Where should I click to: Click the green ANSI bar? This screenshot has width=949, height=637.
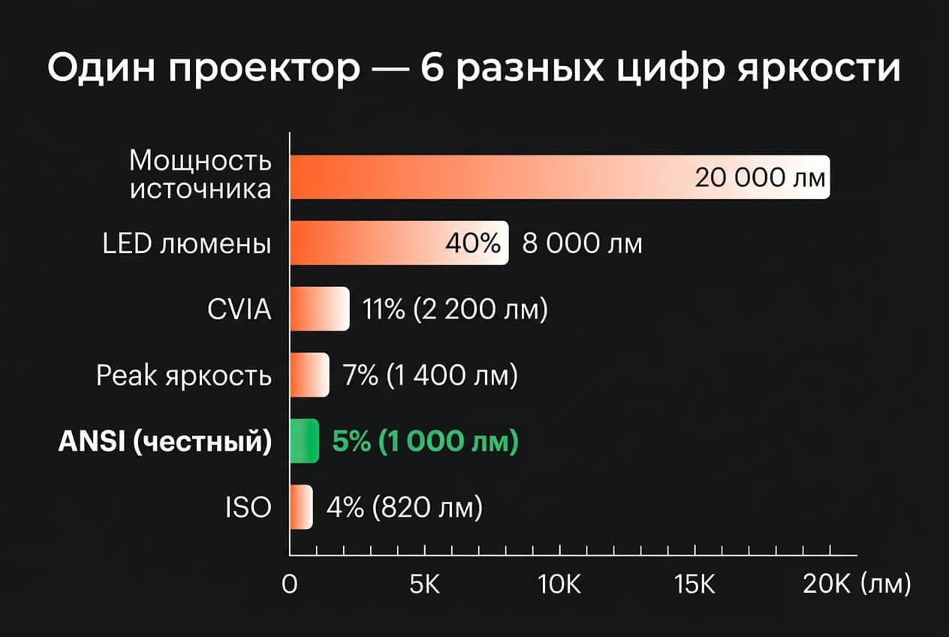coord(305,441)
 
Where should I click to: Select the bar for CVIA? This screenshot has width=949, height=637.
coord(320,309)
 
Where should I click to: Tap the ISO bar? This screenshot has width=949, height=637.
coord(301,507)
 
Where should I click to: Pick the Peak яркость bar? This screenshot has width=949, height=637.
coord(309,375)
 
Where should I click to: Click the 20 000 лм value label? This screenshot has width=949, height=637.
coord(760,178)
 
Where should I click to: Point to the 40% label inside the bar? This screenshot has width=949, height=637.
coord(472,244)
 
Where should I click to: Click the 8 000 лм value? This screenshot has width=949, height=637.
coord(582,244)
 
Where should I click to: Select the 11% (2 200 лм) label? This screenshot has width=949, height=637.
coord(455,309)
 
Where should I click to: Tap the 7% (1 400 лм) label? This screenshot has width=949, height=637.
coord(430,376)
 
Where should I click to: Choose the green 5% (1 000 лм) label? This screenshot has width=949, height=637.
coord(425,442)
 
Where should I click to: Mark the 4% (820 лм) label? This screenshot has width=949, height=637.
coord(404,508)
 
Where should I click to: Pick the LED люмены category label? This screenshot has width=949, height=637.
coord(187,244)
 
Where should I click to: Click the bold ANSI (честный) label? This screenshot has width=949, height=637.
coord(164,442)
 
